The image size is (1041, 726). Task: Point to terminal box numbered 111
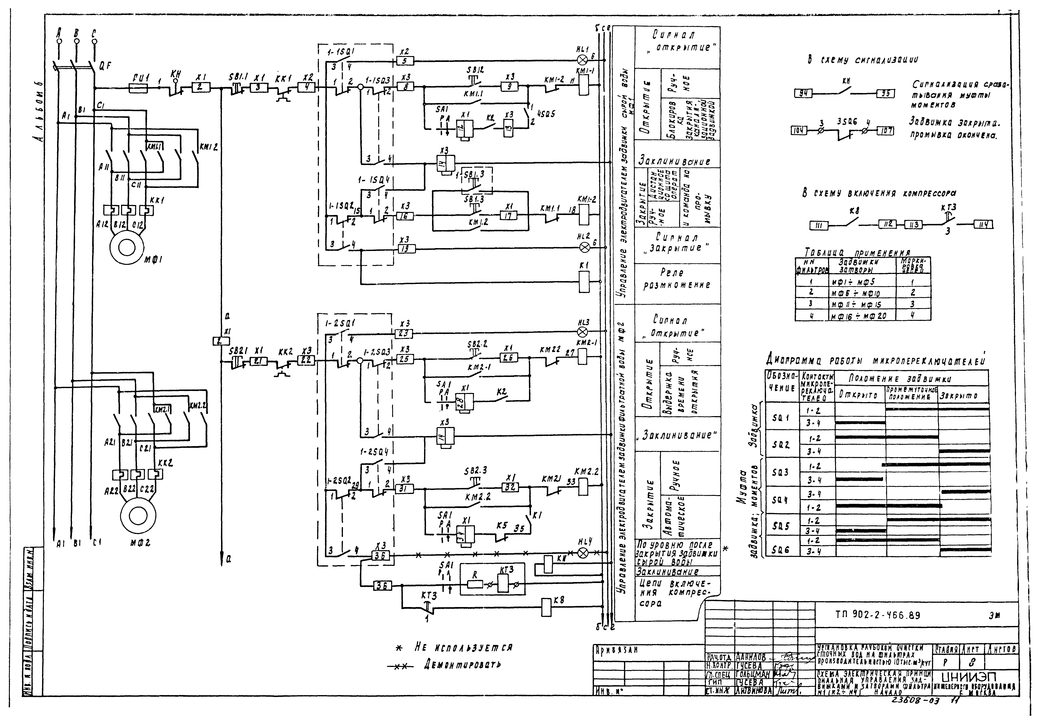(x=819, y=225)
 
